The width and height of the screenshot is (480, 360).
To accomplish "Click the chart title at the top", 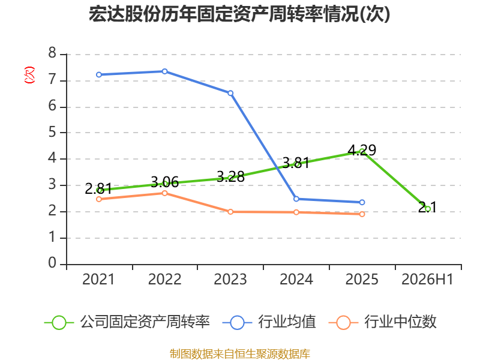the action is point(239,14).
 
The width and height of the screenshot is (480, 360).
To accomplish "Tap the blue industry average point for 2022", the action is point(164,71).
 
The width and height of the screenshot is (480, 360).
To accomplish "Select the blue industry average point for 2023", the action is point(230,93).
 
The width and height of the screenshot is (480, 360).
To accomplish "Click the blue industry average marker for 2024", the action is point(296,199).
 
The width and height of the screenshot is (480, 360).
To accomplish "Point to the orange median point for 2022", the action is point(164,193).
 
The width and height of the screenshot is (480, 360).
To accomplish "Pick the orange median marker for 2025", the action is point(362,214).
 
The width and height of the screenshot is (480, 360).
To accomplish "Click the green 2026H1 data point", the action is point(428,209).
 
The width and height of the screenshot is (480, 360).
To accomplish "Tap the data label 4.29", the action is point(362,150).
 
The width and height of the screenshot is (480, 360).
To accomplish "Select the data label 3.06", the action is point(164,182).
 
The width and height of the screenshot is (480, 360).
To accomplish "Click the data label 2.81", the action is point(98,188).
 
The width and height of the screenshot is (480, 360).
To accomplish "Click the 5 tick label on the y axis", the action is point(52,132).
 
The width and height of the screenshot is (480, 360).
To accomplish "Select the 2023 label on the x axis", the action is point(230,279).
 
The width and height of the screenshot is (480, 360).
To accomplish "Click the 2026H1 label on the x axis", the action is point(427,279).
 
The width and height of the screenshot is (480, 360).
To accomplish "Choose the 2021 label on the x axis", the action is point(98,279).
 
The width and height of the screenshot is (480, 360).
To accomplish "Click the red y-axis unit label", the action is point(29,75).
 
